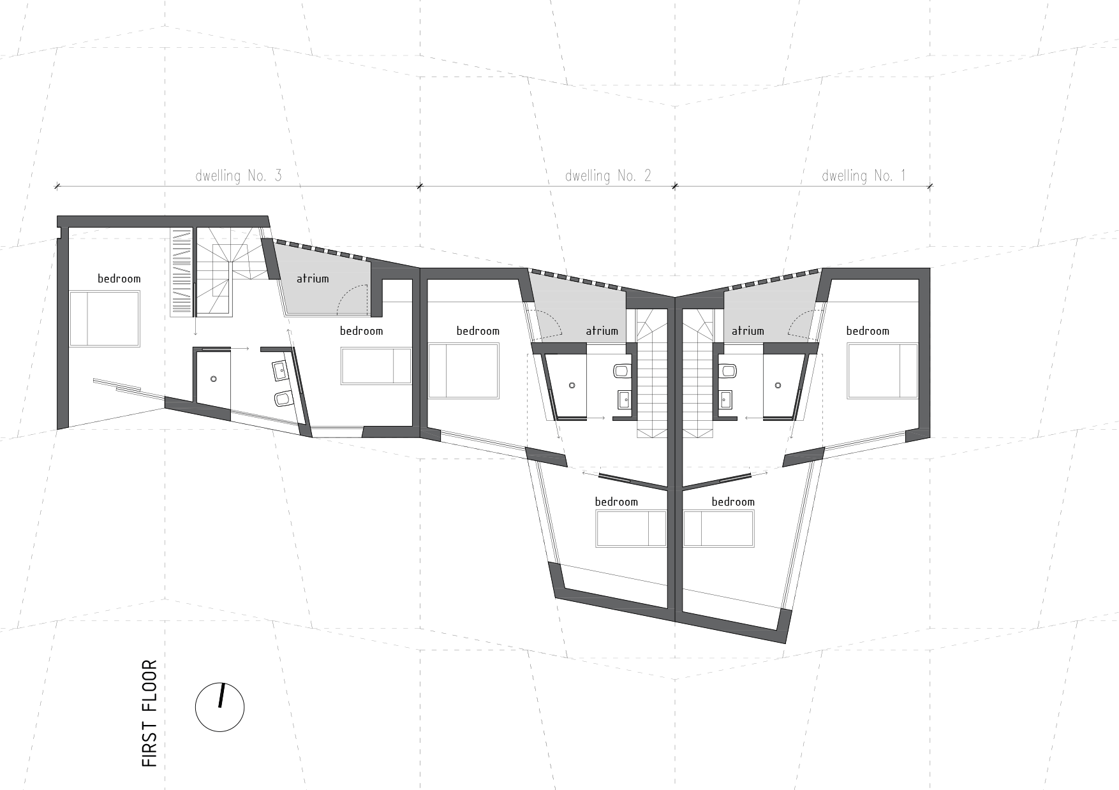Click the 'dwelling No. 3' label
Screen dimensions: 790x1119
point(238,176)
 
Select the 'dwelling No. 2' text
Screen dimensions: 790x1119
point(607,176)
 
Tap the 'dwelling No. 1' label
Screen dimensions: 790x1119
point(863,176)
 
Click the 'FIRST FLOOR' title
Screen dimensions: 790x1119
point(149,713)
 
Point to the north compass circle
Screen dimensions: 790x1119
point(219,707)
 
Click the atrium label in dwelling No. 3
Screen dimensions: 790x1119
point(313,279)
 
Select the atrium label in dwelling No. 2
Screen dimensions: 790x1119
point(602,331)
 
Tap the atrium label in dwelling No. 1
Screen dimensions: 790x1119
point(748,331)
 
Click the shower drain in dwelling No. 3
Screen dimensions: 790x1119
point(214,379)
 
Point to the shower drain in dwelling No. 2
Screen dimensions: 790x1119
point(572,385)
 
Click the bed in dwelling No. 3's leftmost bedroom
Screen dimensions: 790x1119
point(104,319)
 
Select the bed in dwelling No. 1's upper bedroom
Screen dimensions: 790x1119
point(882,371)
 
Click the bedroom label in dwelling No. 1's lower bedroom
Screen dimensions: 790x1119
point(733,502)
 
